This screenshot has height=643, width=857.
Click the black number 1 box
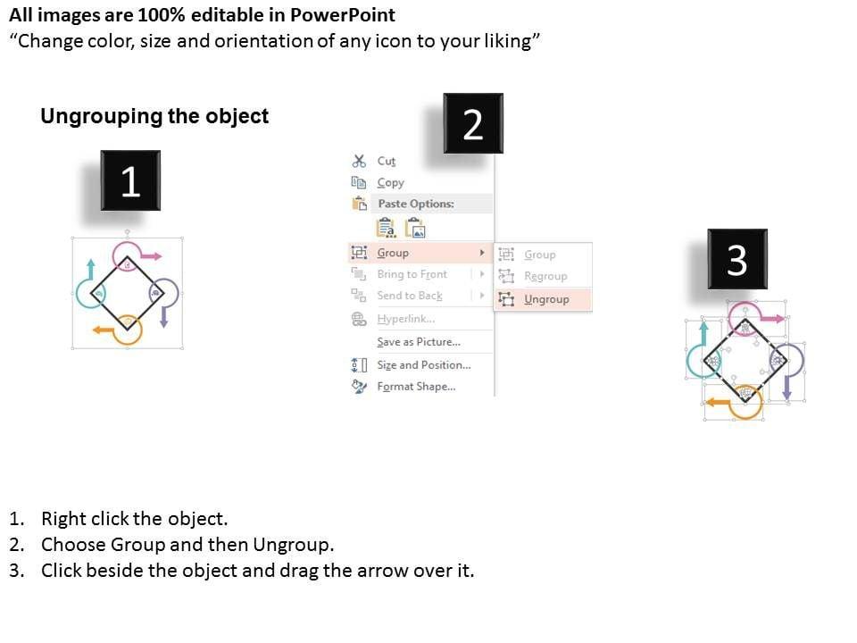(130, 180)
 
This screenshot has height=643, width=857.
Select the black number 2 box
(473, 123)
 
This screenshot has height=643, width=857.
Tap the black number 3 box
(737, 259)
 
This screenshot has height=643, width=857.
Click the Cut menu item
(386, 162)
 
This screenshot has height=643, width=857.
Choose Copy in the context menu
(390, 182)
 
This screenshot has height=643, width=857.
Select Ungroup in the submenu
(546, 299)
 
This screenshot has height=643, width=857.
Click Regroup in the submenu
(545, 276)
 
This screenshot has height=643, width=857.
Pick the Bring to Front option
(412, 274)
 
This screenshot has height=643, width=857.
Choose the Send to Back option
(410, 296)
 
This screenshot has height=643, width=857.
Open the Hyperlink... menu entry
(405, 319)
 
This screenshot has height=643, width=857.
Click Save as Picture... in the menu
(419, 342)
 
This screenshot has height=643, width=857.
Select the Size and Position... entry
(423, 364)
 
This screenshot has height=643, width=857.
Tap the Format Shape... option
(416, 387)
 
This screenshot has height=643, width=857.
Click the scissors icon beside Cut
(359, 161)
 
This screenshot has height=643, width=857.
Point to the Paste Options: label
(416, 204)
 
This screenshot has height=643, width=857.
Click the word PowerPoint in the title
(343, 15)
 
